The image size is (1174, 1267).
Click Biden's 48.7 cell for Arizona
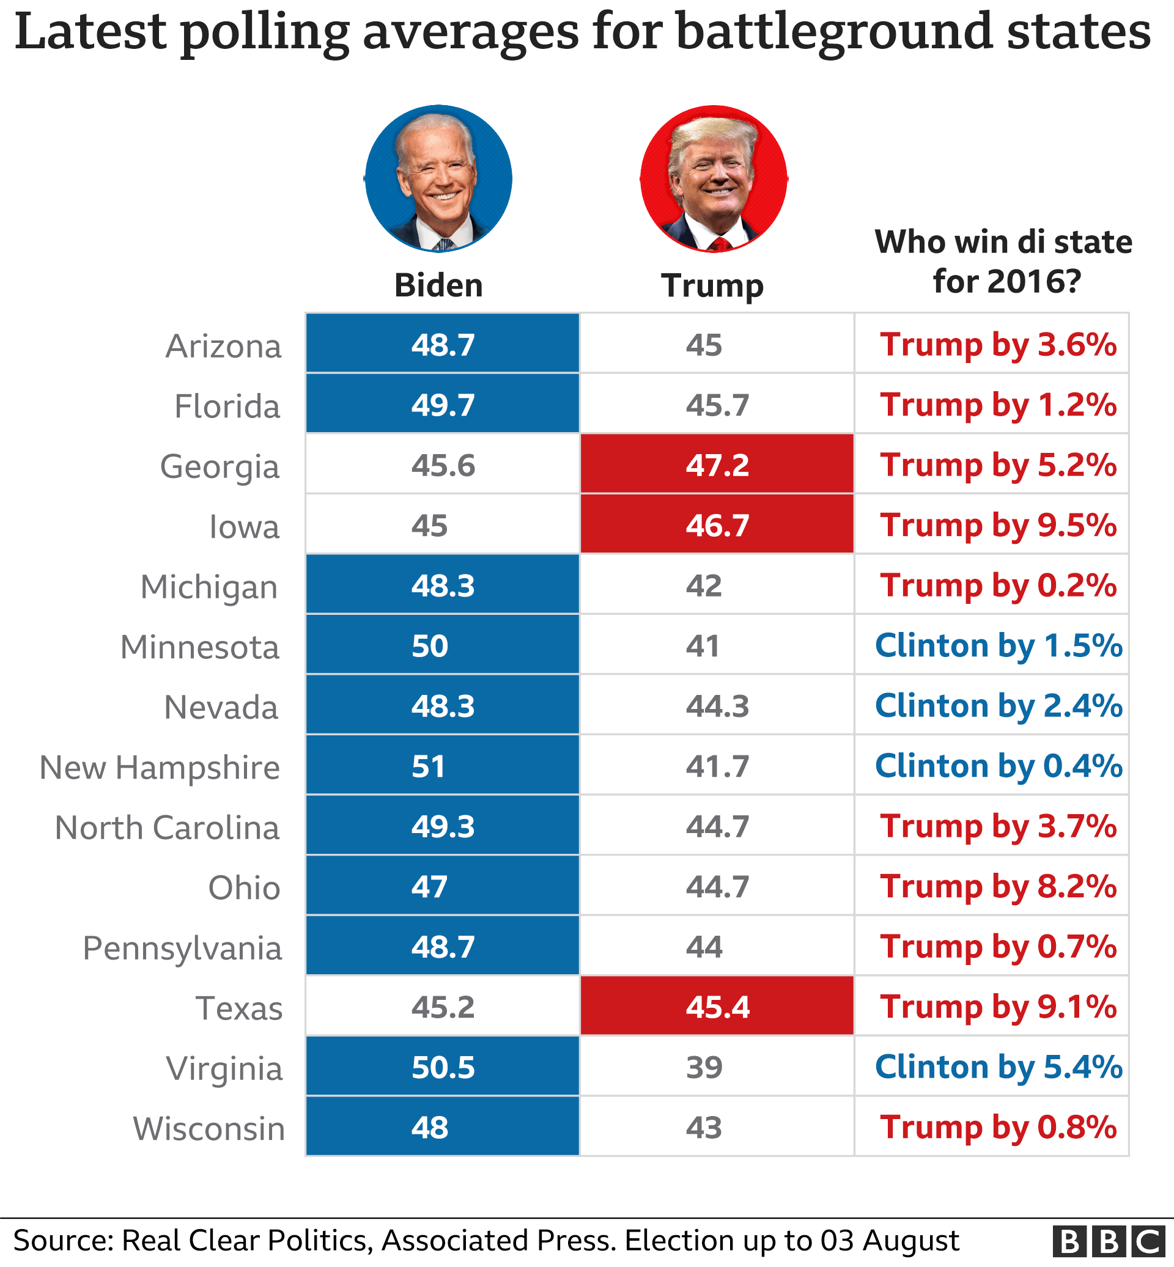(443, 345)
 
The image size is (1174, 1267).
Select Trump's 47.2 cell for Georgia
(717, 465)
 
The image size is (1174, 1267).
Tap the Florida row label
(227, 406)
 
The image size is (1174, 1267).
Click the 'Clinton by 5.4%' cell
(998, 1067)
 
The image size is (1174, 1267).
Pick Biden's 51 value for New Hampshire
(429, 766)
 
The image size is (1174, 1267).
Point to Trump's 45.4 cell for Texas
(717, 1007)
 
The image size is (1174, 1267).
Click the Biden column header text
(438, 285)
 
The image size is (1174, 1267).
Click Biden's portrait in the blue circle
(438, 178)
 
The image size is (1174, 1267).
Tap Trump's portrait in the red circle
(714, 178)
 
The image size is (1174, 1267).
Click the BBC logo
(1108, 1241)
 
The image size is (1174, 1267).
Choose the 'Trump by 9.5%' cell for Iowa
(998, 525)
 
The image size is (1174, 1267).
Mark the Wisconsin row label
(209, 1128)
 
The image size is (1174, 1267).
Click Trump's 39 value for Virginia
(704, 1067)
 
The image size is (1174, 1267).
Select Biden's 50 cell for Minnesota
(430, 646)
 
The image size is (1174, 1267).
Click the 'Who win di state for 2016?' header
(1004, 261)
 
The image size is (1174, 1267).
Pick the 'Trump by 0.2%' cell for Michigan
(998, 585)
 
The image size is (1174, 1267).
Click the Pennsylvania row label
(182, 948)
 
